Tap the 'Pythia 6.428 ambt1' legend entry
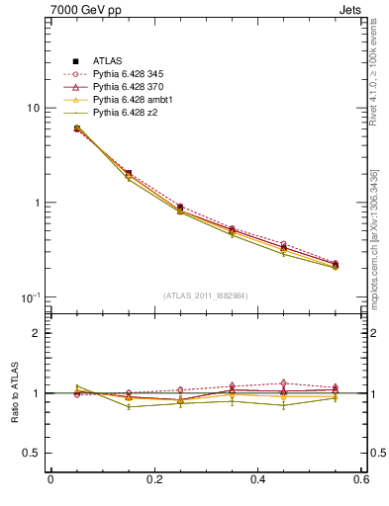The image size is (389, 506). (x=133, y=100)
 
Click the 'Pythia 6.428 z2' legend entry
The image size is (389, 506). (x=127, y=113)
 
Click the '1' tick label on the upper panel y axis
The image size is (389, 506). (x=36, y=203)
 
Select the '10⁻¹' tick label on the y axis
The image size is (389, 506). (x=30, y=297)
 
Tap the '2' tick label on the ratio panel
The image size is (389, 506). (x=36, y=333)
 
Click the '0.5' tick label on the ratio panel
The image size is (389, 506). (x=31, y=454)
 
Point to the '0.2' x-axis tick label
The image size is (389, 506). (x=154, y=480)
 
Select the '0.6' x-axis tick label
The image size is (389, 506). (x=362, y=480)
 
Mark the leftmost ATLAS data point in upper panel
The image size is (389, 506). (x=76, y=128)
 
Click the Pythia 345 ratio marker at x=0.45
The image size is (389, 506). (x=284, y=382)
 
